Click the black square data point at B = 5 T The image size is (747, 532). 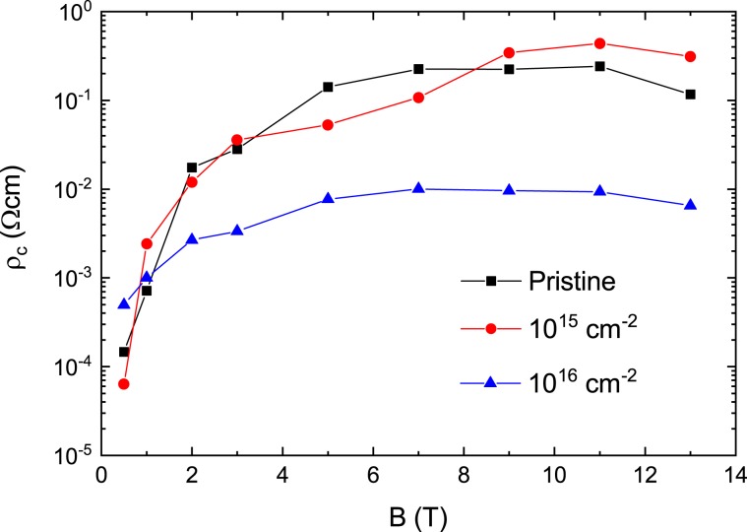[x=328, y=87]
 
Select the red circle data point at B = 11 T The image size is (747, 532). [x=599, y=43]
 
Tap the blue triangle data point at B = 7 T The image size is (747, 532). [x=418, y=188]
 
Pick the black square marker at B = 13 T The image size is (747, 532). [x=690, y=95]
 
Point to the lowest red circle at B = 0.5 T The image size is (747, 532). [x=124, y=383]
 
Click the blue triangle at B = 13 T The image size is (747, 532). [x=690, y=205]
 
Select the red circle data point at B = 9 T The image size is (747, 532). [x=509, y=52]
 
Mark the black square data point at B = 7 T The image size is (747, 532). [x=418, y=69]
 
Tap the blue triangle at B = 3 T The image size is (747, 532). [x=237, y=231]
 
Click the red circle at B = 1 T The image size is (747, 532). [x=147, y=243]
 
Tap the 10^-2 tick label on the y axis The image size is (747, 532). [x=69, y=189]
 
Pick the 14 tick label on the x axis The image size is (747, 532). [x=735, y=475]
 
